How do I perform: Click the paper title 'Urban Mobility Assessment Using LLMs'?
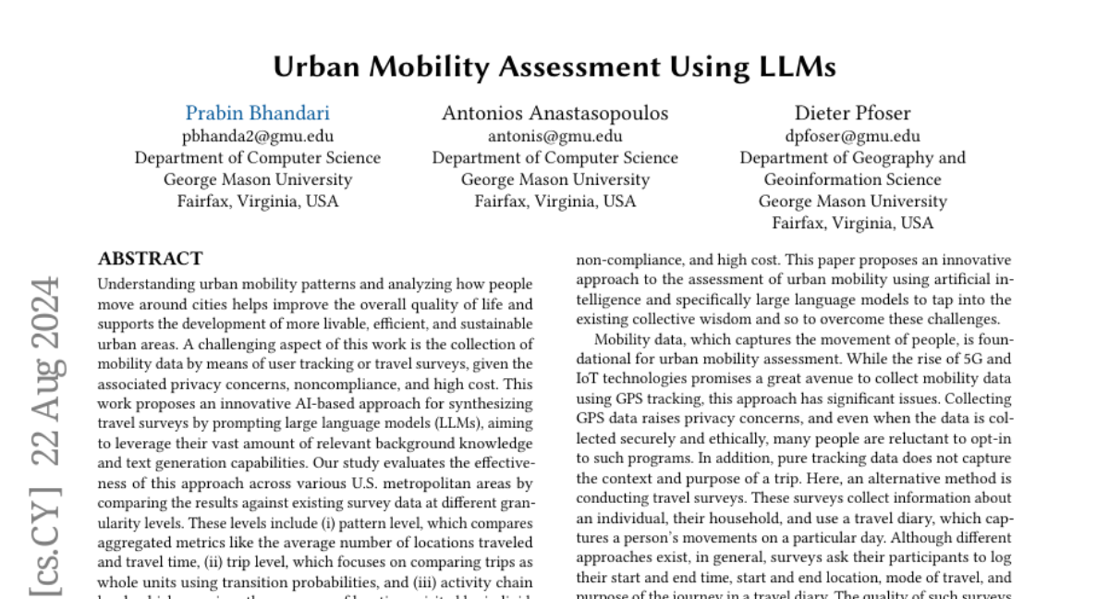click(554, 67)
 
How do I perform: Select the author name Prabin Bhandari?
click(258, 114)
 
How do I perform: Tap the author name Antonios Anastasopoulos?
click(554, 114)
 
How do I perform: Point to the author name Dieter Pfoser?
click(852, 114)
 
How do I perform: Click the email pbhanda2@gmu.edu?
click(258, 136)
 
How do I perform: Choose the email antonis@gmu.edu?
click(554, 136)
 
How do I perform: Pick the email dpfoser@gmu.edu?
click(852, 136)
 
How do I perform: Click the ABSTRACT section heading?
click(151, 259)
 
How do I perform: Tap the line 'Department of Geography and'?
click(852, 158)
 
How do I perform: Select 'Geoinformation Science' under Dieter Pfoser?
click(852, 179)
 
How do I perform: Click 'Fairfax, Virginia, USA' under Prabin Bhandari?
click(258, 201)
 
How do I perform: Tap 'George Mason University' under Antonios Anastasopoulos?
click(554, 179)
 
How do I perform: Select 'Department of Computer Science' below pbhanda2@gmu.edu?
click(258, 158)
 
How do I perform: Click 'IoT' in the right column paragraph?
click(589, 379)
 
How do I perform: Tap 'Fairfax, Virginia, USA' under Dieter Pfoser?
click(852, 223)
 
